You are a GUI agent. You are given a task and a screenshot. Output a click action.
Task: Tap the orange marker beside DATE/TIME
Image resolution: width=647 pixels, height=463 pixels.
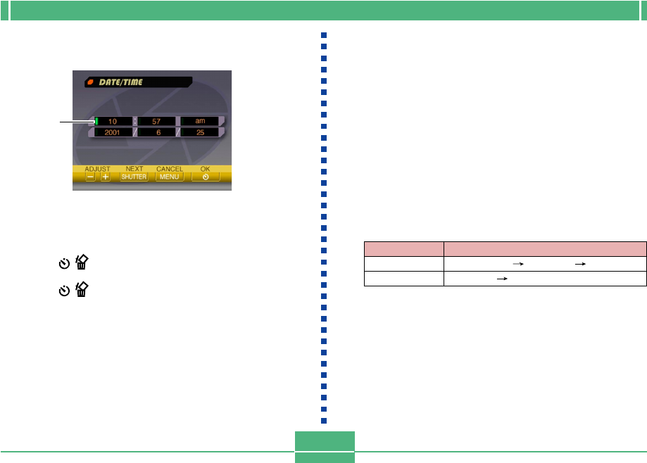click(91, 82)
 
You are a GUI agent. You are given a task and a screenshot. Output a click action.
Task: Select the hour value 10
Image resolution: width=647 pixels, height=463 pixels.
click(112, 122)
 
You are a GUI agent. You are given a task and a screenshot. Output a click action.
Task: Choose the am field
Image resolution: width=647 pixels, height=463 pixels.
click(200, 122)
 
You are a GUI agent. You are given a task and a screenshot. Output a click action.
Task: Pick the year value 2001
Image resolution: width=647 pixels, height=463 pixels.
click(112, 132)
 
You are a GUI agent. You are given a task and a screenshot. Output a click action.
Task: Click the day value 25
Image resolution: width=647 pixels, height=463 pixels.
click(200, 132)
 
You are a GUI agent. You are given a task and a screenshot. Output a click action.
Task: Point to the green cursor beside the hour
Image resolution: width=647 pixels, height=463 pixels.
click(96, 121)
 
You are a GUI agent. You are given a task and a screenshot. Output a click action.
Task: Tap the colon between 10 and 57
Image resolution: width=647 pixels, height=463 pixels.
click(134, 122)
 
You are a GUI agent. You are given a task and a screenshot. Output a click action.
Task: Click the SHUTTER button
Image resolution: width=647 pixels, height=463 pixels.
click(134, 177)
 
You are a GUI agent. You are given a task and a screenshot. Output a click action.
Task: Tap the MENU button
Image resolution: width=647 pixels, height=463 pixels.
click(170, 177)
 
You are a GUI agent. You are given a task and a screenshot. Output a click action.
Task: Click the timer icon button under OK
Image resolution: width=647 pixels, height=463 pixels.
click(205, 177)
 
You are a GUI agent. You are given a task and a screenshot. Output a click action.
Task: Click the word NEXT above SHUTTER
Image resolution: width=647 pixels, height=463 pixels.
click(134, 169)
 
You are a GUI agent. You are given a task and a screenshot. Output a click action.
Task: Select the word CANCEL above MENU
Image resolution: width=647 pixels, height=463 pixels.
click(170, 169)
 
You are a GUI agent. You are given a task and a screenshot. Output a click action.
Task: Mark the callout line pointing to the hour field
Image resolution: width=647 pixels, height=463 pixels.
click(76, 122)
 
